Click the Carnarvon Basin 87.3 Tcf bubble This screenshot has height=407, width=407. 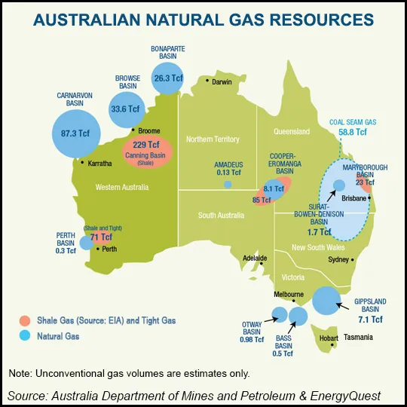coord(75,133)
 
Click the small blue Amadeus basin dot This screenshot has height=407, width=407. coord(228,184)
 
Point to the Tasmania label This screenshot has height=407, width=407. coord(357,338)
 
